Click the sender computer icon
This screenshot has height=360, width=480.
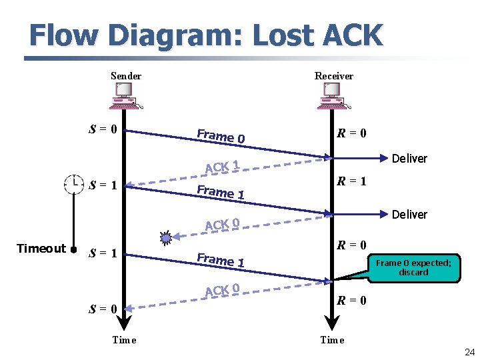click(x=125, y=97)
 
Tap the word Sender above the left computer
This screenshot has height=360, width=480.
click(x=126, y=76)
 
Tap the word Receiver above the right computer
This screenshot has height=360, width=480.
click(x=334, y=76)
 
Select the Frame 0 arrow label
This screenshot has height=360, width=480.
click(x=221, y=136)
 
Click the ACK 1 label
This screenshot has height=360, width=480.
click(x=222, y=166)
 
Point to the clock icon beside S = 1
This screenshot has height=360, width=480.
click(x=73, y=183)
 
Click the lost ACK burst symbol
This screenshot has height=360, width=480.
click(x=167, y=235)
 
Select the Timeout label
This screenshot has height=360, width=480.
click(x=41, y=249)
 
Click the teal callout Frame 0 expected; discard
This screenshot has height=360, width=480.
click(x=413, y=267)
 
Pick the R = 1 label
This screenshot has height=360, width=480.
click(x=351, y=181)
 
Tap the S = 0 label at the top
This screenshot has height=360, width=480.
click(x=104, y=128)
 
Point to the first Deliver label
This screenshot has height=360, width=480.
click(x=409, y=158)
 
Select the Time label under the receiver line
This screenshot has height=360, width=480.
click(x=332, y=340)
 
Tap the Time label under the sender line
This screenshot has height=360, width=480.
click(x=124, y=340)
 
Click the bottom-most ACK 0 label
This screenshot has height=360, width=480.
click(x=222, y=290)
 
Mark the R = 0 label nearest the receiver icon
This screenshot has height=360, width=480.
click(x=351, y=133)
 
